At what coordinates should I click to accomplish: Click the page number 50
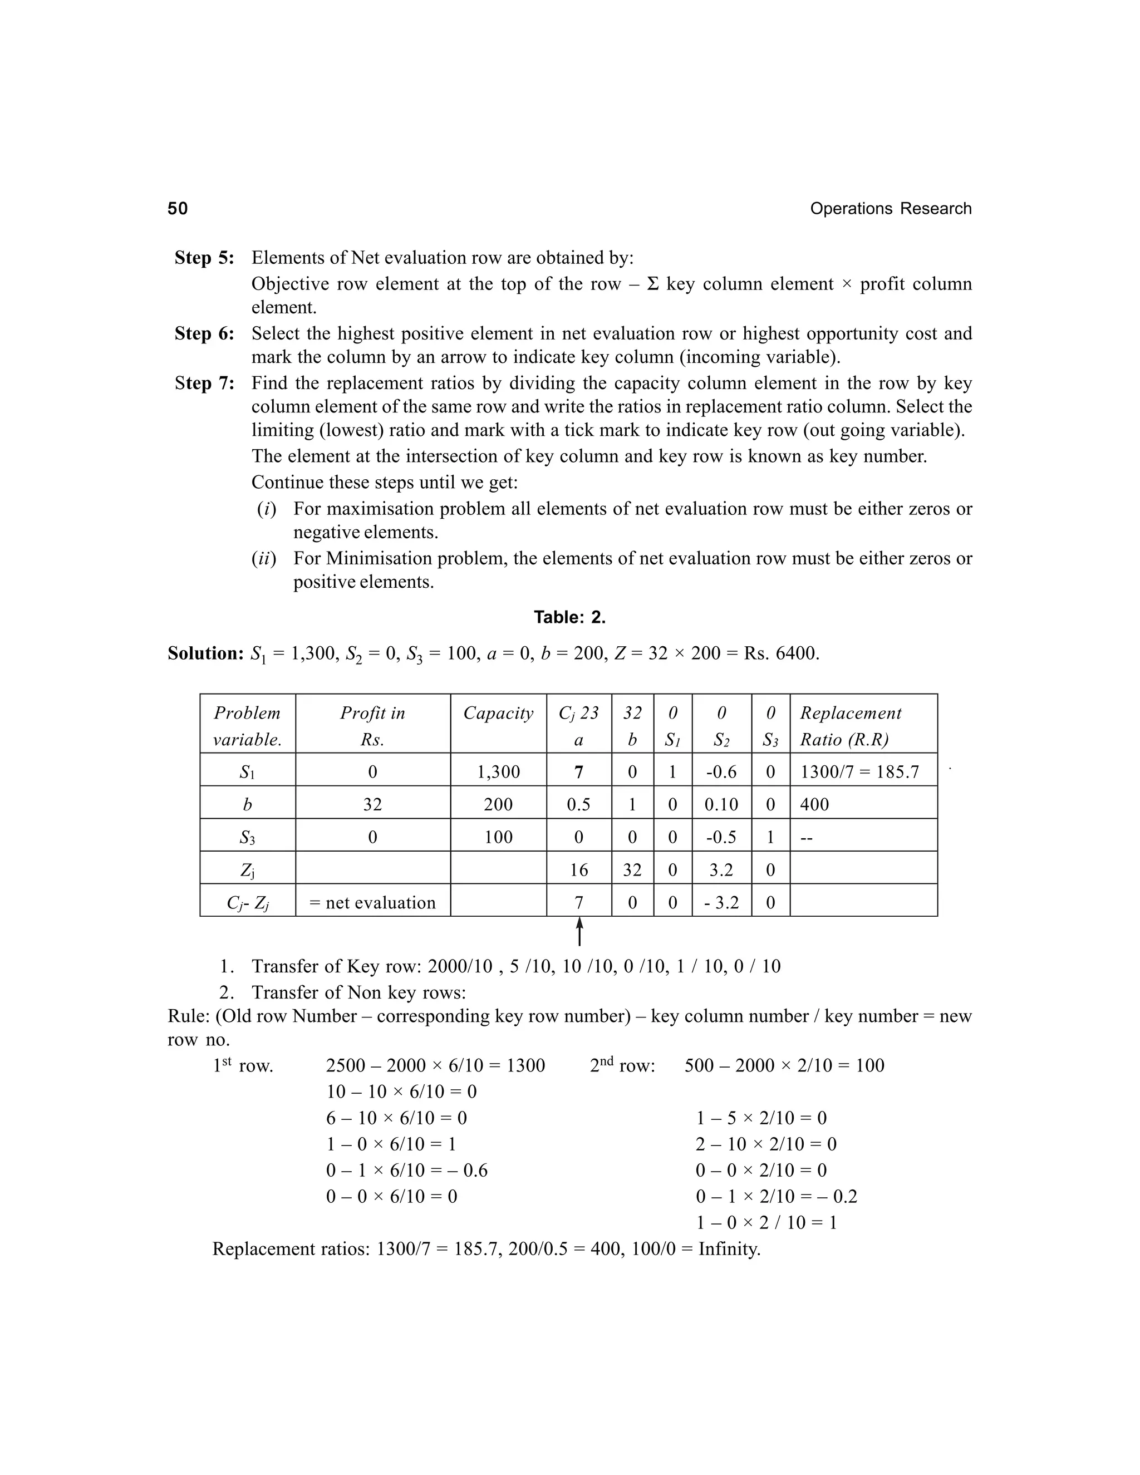[178, 209]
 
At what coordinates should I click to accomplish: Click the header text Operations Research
[890, 209]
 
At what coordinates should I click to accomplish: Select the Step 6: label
[204, 333]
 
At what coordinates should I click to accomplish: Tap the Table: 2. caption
[569, 617]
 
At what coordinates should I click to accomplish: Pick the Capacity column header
[498, 713]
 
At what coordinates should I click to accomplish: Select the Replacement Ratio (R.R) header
[851, 726]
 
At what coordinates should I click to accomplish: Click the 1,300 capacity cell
[498, 772]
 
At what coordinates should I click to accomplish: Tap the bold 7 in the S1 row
[579, 772]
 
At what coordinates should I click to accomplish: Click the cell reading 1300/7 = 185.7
[859, 772]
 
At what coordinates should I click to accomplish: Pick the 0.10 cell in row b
[721, 804]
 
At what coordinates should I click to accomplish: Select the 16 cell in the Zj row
[579, 870]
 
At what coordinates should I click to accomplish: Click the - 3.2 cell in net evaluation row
[721, 903]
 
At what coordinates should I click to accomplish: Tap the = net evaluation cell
[372, 903]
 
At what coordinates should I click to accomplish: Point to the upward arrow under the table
[579, 932]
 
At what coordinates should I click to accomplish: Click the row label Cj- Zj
[247, 903]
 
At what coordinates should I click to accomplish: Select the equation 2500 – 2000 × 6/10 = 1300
[435, 1066]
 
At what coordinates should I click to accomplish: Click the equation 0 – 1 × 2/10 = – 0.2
[776, 1197]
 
